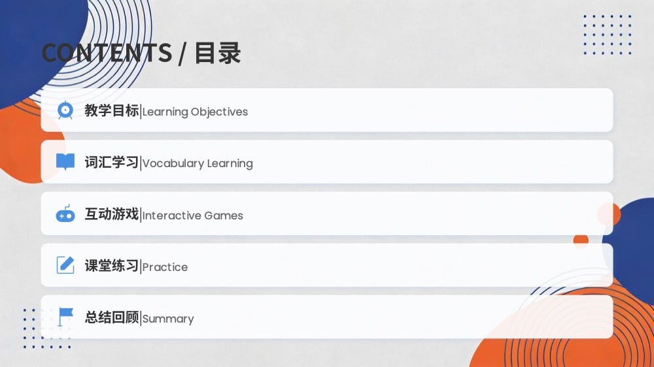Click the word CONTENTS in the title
[x=107, y=53]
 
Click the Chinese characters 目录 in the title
[x=218, y=53]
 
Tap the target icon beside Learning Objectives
[x=65, y=110]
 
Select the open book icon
[x=65, y=162]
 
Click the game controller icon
[x=65, y=214]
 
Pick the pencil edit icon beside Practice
[x=65, y=265]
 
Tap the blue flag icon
[x=65, y=317]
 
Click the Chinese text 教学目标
[x=112, y=110]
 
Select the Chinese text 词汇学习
[x=112, y=162]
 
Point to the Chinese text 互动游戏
[x=112, y=214]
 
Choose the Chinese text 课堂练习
[x=112, y=265]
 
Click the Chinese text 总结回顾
[x=112, y=317]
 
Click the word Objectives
[x=219, y=112]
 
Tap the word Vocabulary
[x=173, y=164]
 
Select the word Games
[x=224, y=215]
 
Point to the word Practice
[x=165, y=267]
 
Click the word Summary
[x=168, y=319]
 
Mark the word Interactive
[x=172, y=215]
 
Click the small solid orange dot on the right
[x=581, y=240]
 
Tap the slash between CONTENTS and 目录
[x=182, y=54]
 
